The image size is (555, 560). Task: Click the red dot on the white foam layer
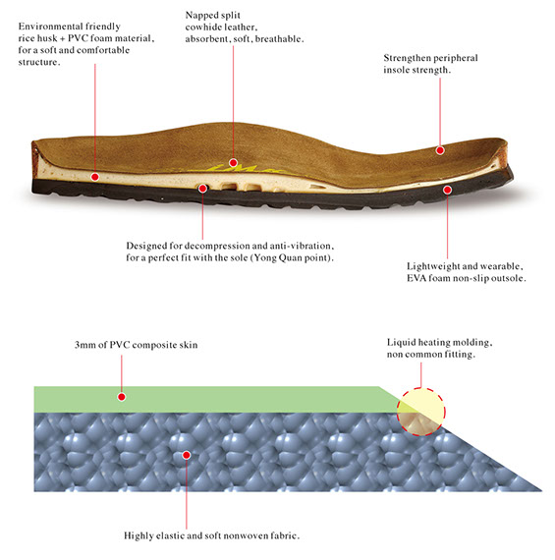tap(94, 177)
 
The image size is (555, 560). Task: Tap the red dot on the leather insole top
tap(233, 163)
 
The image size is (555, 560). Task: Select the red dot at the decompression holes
tap(202, 189)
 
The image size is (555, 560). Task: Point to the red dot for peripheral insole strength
tap(440, 150)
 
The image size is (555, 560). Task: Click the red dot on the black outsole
tap(447, 190)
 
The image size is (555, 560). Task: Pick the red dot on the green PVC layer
tap(122, 397)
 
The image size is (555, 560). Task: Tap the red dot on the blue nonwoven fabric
tap(186, 455)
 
